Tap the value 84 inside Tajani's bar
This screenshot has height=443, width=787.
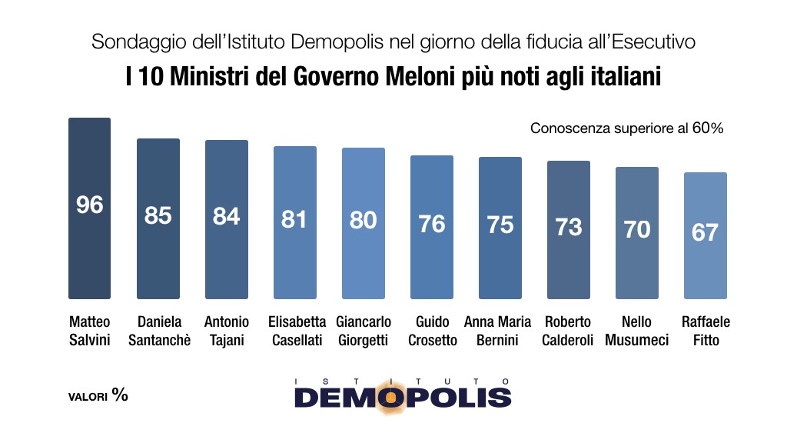coord(227,217)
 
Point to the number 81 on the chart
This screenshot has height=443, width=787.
coord(294,219)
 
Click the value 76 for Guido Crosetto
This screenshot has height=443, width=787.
coord(432,224)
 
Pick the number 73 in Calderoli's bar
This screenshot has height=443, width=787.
coord(569,227)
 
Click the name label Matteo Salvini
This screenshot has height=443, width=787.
coord(90,331)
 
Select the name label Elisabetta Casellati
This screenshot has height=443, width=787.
coord(295,331)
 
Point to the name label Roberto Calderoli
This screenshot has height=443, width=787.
coord(569,331)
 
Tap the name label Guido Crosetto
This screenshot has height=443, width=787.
coord(432,331)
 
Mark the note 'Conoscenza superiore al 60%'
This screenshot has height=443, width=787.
coord(627,128)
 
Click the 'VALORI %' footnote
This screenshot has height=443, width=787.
coord(98,396)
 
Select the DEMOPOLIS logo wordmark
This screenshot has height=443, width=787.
coord(403,396)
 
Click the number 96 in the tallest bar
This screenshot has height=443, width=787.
coord(90,205)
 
